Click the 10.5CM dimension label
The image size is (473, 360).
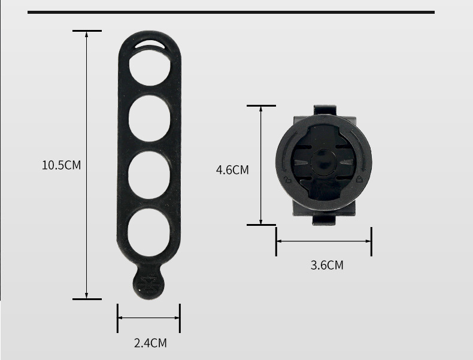61,165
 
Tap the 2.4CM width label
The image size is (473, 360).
150,343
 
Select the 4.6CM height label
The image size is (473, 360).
232,170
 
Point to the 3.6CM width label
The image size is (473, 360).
327,265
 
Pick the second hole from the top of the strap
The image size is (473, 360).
149,118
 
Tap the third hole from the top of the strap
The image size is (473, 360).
149,175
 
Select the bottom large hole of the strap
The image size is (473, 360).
148,232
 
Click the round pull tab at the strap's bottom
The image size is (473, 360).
148,283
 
